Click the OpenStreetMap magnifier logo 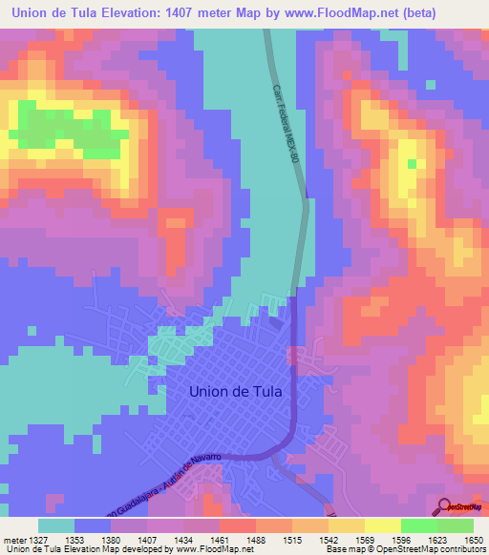pos(444,506)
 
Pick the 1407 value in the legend pos(147,539)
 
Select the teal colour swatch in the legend pos(56,525)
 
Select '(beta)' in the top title pos(457,12)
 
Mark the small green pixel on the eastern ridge pos(413,164)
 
